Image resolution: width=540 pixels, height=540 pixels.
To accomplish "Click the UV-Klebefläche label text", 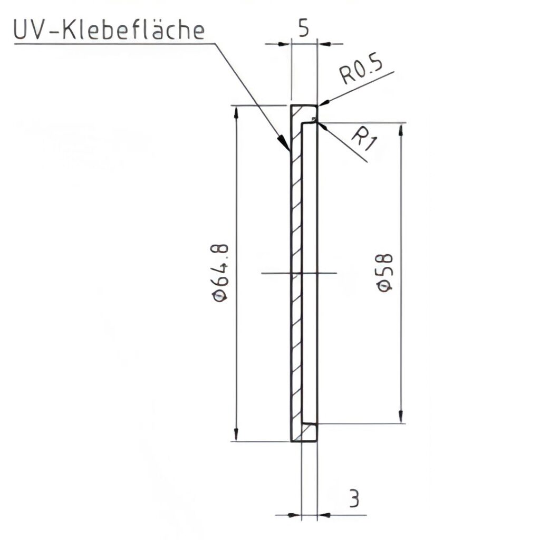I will tap(108, 31).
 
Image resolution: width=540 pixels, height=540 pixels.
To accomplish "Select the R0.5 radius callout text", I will tap(360, 73).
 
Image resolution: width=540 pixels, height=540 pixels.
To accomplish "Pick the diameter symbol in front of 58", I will tap(385, 286).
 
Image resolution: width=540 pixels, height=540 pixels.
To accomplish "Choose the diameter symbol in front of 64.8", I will tap(219, 297).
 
